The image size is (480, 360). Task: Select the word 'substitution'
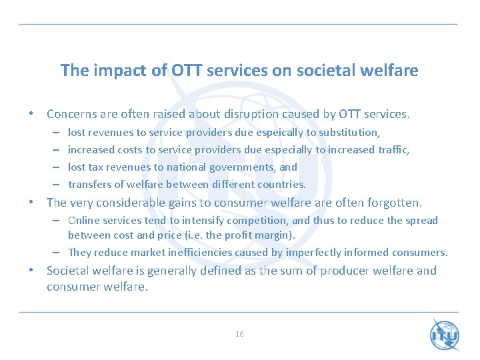click(349, 133)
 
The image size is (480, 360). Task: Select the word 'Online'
click(83, 221)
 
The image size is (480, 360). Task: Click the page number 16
click(239, 334)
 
